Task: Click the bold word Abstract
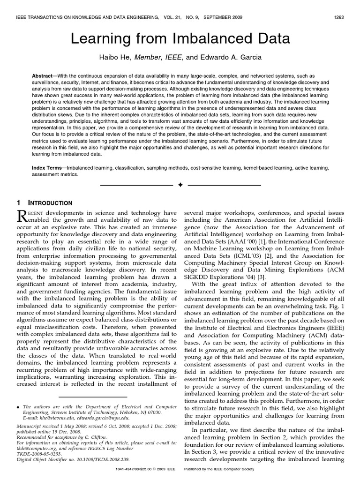pos(43,76)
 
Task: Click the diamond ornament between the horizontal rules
pos(180,186)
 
